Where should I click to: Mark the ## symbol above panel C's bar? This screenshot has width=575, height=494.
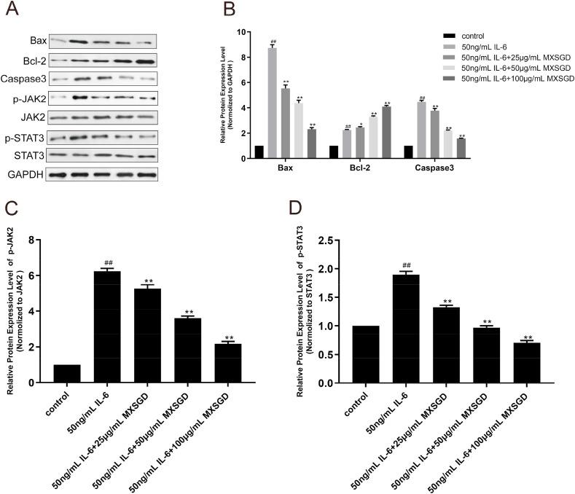click(x=107, y=263)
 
